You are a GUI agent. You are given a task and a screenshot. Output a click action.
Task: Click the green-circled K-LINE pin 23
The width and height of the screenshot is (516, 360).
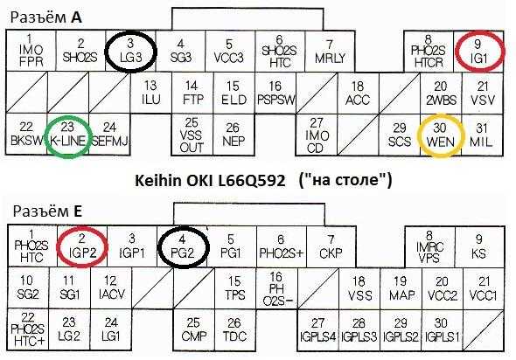68,135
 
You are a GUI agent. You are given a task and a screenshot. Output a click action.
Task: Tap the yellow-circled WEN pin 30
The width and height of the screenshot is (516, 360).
441,135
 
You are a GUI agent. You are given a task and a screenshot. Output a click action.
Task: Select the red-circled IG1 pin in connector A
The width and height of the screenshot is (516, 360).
479,52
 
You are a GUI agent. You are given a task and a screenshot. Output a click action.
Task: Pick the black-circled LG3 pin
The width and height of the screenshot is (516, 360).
130,52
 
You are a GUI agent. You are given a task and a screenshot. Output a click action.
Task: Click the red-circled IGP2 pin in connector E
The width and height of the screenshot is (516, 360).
82,246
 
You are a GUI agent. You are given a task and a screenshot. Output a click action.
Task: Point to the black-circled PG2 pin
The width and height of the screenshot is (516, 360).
182,246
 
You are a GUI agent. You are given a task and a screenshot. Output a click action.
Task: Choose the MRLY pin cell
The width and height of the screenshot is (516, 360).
330,52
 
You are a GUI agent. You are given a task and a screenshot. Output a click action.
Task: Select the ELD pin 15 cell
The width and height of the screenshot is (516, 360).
234,93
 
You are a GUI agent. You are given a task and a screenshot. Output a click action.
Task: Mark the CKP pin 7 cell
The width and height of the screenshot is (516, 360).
331,246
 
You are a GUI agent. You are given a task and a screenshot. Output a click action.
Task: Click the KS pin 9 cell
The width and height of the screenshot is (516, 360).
479,246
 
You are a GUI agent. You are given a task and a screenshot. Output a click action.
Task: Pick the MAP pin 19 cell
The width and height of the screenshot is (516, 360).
401,288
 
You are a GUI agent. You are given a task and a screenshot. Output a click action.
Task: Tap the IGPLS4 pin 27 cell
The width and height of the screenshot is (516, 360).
317,330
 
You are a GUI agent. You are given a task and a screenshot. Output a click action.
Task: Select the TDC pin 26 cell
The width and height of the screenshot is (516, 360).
234,330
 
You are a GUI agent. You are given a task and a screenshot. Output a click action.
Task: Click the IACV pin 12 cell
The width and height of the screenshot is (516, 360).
111,288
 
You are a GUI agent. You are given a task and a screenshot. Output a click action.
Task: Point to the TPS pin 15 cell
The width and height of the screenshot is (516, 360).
235,288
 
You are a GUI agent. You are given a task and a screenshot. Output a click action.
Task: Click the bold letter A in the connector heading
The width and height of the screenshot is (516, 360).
76,17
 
